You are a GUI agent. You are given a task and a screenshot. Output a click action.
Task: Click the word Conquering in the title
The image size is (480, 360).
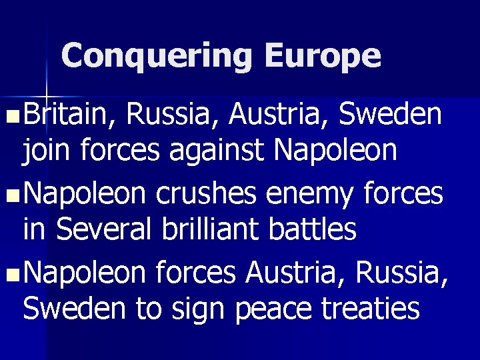coord(156,57)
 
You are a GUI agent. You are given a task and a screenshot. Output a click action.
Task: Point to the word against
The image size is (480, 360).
coord(213,152)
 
